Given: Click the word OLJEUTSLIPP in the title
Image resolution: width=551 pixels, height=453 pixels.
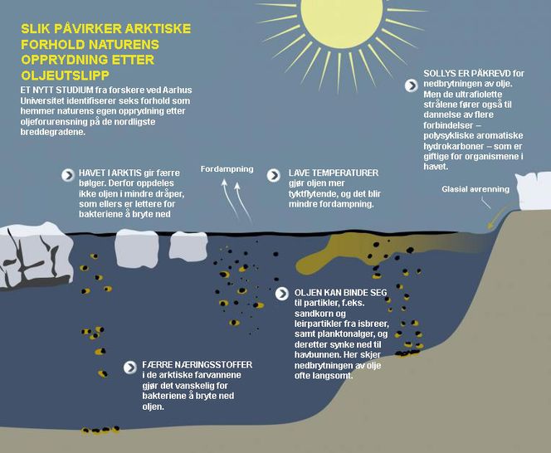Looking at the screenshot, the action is (66, 75).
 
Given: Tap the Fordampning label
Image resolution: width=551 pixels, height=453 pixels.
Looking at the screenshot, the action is (227, 169).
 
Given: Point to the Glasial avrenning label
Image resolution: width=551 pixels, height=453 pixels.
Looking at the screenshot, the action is (475, 189).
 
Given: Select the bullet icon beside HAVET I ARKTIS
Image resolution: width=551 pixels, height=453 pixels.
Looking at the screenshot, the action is (68, 175).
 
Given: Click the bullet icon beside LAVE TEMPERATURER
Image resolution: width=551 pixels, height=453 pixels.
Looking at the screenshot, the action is (273, 175).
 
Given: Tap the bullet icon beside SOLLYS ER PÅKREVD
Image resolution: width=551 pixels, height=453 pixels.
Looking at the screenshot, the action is (411, 85).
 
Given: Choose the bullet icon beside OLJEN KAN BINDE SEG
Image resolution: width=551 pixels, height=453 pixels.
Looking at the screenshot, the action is (282, 294).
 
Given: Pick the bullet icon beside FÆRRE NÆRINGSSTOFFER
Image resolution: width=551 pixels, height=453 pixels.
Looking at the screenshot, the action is (130, 368).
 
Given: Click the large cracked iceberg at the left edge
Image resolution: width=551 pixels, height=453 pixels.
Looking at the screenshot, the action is (35, 256).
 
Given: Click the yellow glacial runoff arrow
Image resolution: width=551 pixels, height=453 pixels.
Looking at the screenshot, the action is (497, 217).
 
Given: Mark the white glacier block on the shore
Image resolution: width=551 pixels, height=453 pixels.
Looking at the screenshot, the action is (533, 191).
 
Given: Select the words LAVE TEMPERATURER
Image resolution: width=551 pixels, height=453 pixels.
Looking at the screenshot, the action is (334, 173).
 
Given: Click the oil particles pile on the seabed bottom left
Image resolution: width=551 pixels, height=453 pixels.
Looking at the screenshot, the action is (100, 430).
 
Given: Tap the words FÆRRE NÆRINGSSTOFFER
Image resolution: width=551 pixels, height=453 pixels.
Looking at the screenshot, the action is (197, 365).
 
